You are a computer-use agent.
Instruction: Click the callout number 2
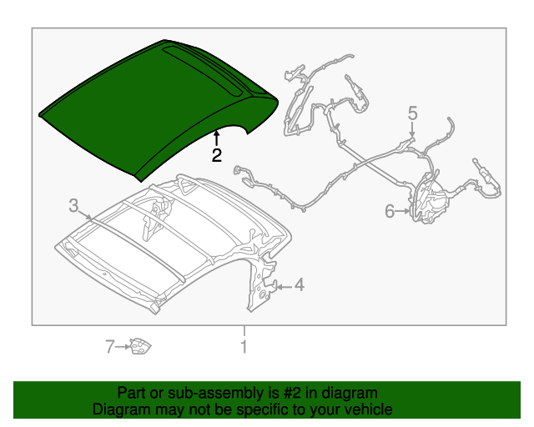point(216,155)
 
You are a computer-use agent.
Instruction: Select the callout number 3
point(73,204)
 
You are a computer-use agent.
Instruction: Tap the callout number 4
point(299,286)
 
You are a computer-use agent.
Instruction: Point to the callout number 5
point(412,113)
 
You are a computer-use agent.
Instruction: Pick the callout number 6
point(390,212)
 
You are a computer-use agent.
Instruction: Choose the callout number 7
point(109,346)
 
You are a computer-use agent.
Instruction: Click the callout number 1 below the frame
point(244,346)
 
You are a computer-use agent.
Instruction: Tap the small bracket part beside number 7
point(139,345)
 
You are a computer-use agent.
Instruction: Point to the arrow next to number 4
point(282,287)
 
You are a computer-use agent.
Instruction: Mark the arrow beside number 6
point(404,212)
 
